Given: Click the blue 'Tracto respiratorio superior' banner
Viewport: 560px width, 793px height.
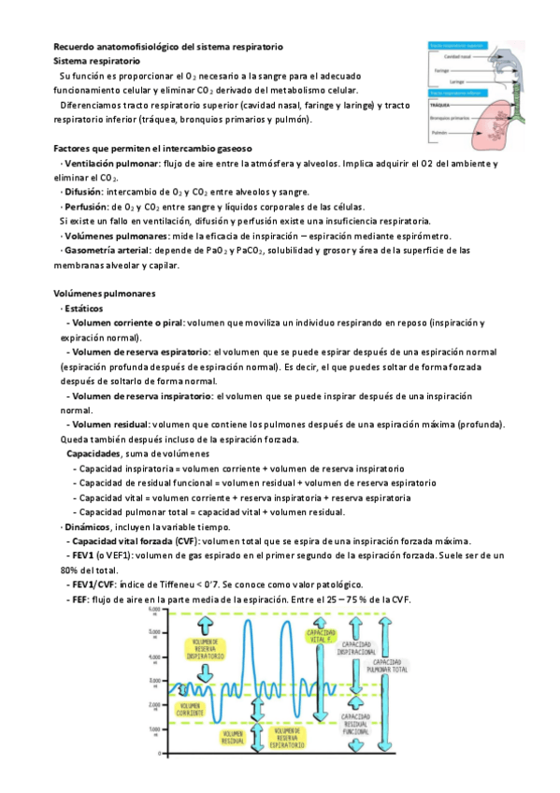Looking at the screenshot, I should [457, 44].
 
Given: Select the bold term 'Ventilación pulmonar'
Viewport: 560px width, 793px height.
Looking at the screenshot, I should [105, 164].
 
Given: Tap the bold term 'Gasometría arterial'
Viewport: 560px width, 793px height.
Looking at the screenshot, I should [104, 251].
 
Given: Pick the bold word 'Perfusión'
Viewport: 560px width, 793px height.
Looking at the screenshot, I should [84, 208].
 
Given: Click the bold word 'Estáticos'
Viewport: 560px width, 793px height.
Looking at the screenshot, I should [84, 309].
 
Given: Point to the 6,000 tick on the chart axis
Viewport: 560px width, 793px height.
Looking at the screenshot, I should [155, 610].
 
